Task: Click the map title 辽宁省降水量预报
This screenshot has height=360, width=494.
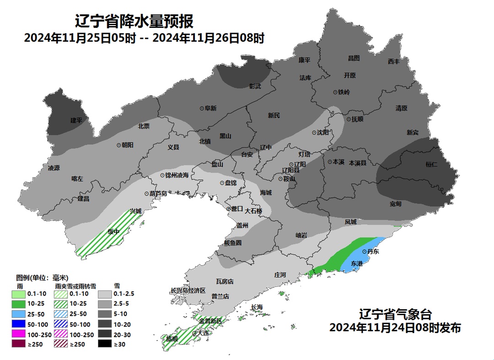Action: tap(134, 21)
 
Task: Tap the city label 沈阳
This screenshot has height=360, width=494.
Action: tap(323, 133)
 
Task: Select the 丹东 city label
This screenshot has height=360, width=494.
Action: tap(373, 252)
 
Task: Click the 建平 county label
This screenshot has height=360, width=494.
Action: tap(76, 121)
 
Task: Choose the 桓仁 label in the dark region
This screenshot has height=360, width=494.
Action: tap(432, 164)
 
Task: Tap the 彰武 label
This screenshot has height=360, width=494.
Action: tap(255, 86)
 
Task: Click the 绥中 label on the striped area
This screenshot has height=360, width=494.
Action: tap(113, 231)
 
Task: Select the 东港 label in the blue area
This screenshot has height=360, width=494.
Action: tap(356, 263)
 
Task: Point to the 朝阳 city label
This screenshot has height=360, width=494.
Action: tap(127, 145)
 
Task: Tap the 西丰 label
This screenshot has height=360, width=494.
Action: tap(393, 61)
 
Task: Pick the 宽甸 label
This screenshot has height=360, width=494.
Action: tap(396, 204)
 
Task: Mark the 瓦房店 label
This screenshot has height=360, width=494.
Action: tap(224, 281)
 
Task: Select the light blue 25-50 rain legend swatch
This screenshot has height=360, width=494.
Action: tap(19, 314)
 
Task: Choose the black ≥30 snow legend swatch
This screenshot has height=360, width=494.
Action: tap(105, 344)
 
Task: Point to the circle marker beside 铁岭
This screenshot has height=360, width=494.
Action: tap(335, 92)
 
